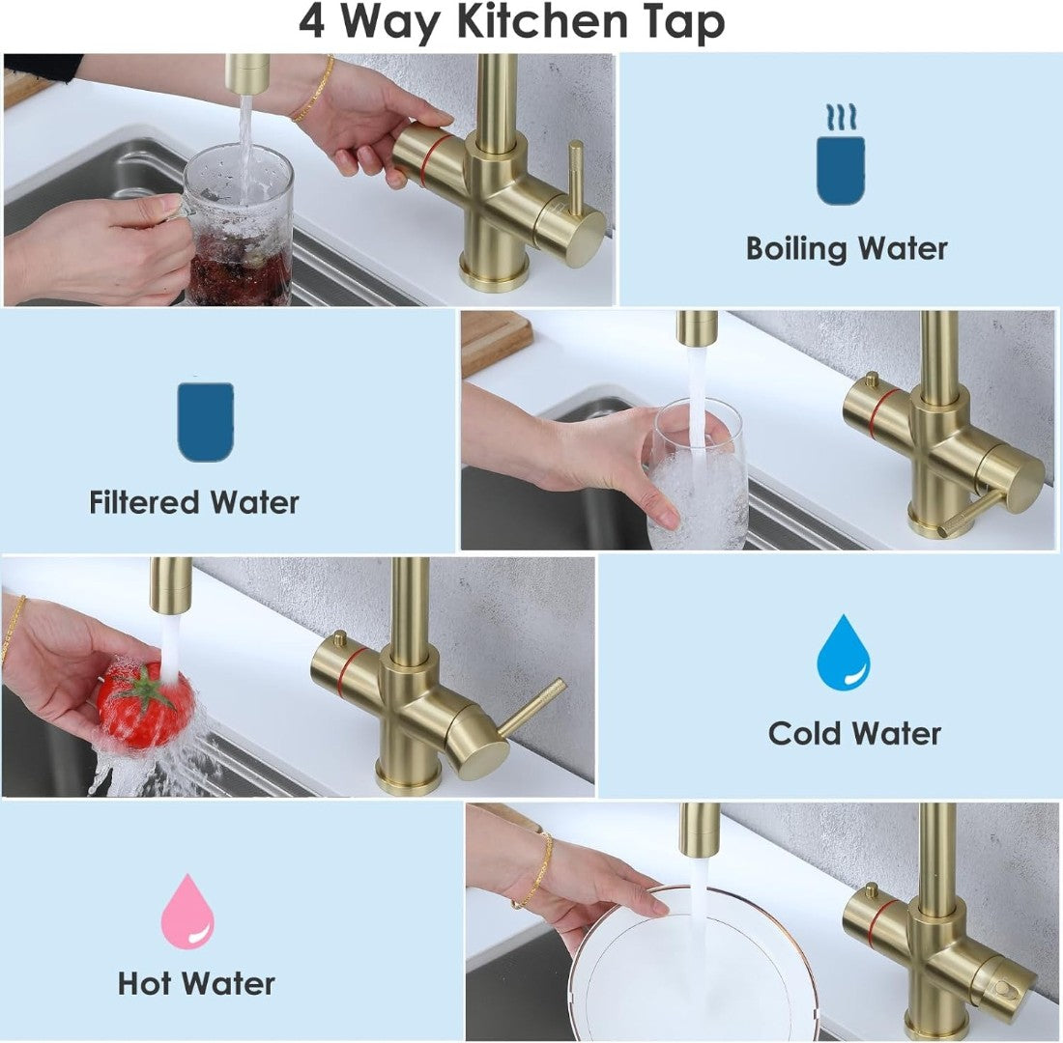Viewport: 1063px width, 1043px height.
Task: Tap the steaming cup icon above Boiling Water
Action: pos(841,155)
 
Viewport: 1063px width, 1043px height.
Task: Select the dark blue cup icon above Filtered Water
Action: pos(206,421)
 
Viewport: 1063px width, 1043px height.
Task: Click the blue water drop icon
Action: pos(844,653)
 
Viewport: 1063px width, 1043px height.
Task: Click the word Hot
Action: pos(144,983)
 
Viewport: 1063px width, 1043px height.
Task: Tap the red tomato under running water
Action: pos(145,705)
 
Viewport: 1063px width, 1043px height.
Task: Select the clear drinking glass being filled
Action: pos(696,474)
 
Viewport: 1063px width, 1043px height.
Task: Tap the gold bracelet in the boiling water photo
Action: pos(315,89)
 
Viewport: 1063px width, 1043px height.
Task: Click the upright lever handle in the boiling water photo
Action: pos(576,177)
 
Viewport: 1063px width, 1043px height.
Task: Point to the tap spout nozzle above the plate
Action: pos(699,831)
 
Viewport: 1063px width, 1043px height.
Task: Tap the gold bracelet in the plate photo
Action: pos(535,869)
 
